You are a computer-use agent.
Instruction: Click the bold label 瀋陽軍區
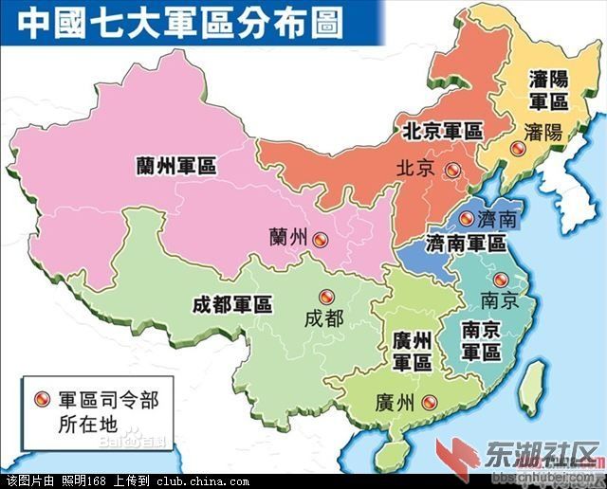[548, 90]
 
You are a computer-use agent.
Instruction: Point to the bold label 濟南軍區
[467, 242]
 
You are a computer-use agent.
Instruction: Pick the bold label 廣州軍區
[412, 351]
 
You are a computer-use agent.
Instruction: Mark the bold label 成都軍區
[231, 304]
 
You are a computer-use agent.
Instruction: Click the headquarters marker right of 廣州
[430, 402]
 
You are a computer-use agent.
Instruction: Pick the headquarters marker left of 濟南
[465, 218]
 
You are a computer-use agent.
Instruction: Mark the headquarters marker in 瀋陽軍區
[517, 149]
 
